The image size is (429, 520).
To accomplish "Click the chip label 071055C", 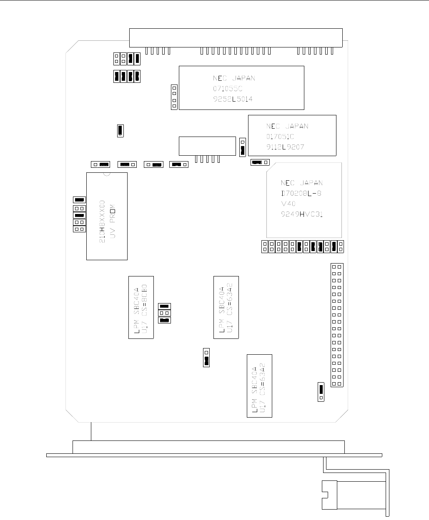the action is [227, 89].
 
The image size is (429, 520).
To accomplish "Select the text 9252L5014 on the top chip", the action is [232, 99].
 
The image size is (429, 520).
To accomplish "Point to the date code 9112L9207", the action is [285, 147].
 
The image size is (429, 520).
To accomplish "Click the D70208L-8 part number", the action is [301, 194].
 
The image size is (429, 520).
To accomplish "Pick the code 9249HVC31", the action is [302, 215].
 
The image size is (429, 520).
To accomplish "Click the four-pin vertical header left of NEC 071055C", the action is [174, 97].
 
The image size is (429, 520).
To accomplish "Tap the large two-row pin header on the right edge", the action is [337, 325].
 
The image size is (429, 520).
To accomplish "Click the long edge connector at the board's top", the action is [236, 38].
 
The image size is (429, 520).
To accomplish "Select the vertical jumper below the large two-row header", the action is [321, 391].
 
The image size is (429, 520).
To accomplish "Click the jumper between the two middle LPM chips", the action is [206, 357].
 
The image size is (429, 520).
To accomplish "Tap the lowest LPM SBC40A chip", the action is [259, 386].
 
